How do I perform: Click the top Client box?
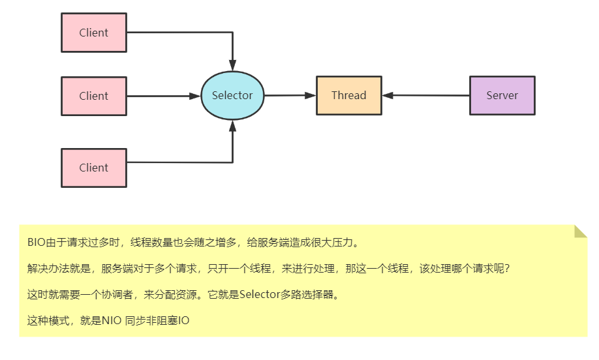(x=93, y=33)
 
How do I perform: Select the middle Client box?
(x=93, y=96)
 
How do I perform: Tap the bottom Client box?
(x=93, y=168)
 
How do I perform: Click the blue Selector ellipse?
(x=232, y=96)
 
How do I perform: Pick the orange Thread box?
(x=348, y=96)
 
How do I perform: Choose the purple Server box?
(x=502, y=96)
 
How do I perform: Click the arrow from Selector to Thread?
(x=290, y=95)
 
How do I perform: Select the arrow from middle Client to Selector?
(x=163, y=96)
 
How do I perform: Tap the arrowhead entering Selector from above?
(x=232, y=66)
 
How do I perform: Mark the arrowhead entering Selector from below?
(x=232, y=126)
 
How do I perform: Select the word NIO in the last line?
(x=111, y=321)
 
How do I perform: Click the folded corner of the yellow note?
(x=580, y=232)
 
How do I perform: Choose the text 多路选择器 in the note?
(x=307, y=294)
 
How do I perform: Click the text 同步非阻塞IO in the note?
(x=157, y=321)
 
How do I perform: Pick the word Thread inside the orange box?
(x=348, y=96)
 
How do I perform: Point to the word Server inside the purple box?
(x=502, y=96)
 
